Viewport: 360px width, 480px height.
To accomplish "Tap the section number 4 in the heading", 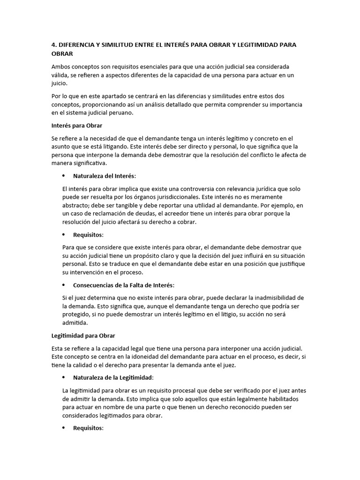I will (x=53, y=45).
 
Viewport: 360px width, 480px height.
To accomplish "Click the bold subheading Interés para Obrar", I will (x=76, y=126).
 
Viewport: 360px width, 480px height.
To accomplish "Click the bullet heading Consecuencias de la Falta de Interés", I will (x=123, y=285).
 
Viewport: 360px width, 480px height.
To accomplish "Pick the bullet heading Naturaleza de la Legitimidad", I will (x=113, y=377).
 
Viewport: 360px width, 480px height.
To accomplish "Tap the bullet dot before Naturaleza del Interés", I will (x=63, y=176).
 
